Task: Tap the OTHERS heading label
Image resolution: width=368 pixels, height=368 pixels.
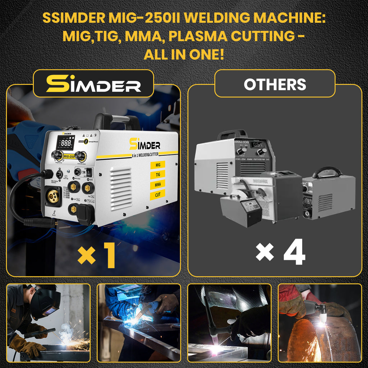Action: (275, 84)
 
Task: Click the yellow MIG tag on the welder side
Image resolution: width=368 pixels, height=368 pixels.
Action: (158, 165)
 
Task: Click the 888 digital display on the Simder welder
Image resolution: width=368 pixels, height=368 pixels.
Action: (66, 143)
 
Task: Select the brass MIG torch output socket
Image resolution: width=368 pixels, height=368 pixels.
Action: (53, 196)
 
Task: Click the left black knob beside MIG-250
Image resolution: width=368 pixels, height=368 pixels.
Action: (56, 155)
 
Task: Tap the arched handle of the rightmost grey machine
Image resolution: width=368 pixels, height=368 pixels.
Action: (327, 171)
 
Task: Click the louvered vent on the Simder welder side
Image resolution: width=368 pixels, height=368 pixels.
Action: (121, 188)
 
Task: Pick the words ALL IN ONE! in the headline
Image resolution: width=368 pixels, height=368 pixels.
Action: (184, 55)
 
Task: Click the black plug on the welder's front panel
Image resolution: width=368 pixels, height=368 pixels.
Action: (86, 213)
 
